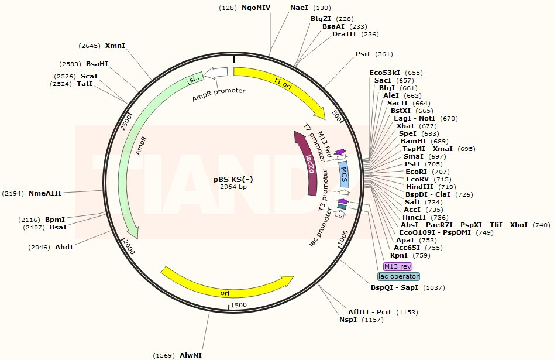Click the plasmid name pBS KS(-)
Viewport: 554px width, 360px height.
pyautogui.click(x=233, y=179)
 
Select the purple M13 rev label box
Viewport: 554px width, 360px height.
pyautogui.click(x=398, y=266)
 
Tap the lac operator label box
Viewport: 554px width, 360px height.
pyautogui.click(x=398, y=276)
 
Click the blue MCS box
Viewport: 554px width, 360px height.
pyautogui.click(x=344, y=174)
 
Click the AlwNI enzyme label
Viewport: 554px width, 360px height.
pyautogui.click(x=191, y=355)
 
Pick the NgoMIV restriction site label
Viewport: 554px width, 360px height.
pyautogui.click(x=256, y=8)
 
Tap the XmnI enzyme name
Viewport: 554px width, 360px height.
pyautogui.click(x=115, y=46)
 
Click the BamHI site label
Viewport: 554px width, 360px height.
pyautogui.click(x=414, y=141)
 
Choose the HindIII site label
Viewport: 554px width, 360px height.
pyautogui.click(x=419, y=187)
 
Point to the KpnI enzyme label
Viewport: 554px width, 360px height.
pyautogui.click(x=399, y=255)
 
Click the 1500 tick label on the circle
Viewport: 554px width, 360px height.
pyautogui.click(x=239, y=305)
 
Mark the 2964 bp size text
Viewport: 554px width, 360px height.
pyautogui.click(x=233, y=187)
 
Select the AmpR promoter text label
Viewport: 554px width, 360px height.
pyautogui.click(x=219, y=94)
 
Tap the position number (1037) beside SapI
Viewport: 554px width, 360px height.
pyautogui.click(x=434, y=287)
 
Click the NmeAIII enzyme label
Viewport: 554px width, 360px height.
pyautogui.click(x=45, y=193)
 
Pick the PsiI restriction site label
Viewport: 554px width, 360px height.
pyautogui.click(x=363, y=54)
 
